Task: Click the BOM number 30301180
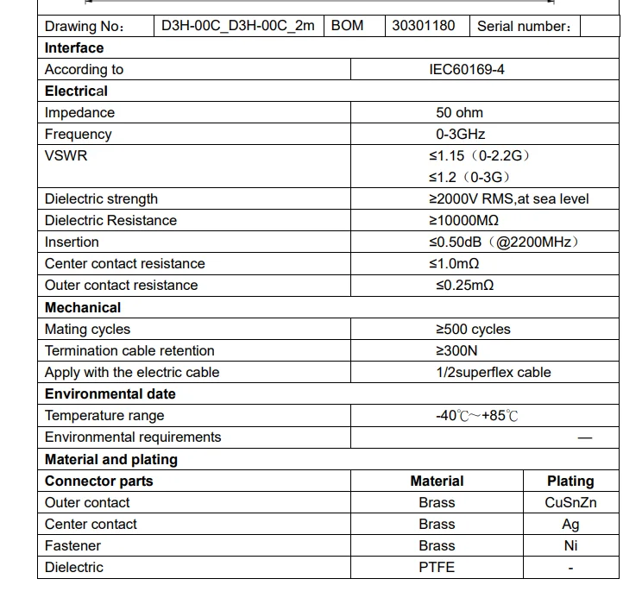coord(423,25)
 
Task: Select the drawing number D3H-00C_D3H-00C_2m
coord(237,25)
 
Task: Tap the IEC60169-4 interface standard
coord(467,69)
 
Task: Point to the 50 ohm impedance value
coord(459,112)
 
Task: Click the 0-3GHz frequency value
coord(460,134)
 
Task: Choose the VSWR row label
coord(66,155)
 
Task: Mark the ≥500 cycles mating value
coord(472,329)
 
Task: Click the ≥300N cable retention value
coord(456,350)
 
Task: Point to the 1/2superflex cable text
coord(493,372)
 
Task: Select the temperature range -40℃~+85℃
coord(476,415)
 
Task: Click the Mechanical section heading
coord(83,307)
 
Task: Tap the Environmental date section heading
coord(110,393)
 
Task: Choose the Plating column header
coord(570,481)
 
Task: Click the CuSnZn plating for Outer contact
coord(570,502)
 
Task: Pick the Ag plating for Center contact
coord(570,524)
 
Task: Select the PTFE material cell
coord(437,567)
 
